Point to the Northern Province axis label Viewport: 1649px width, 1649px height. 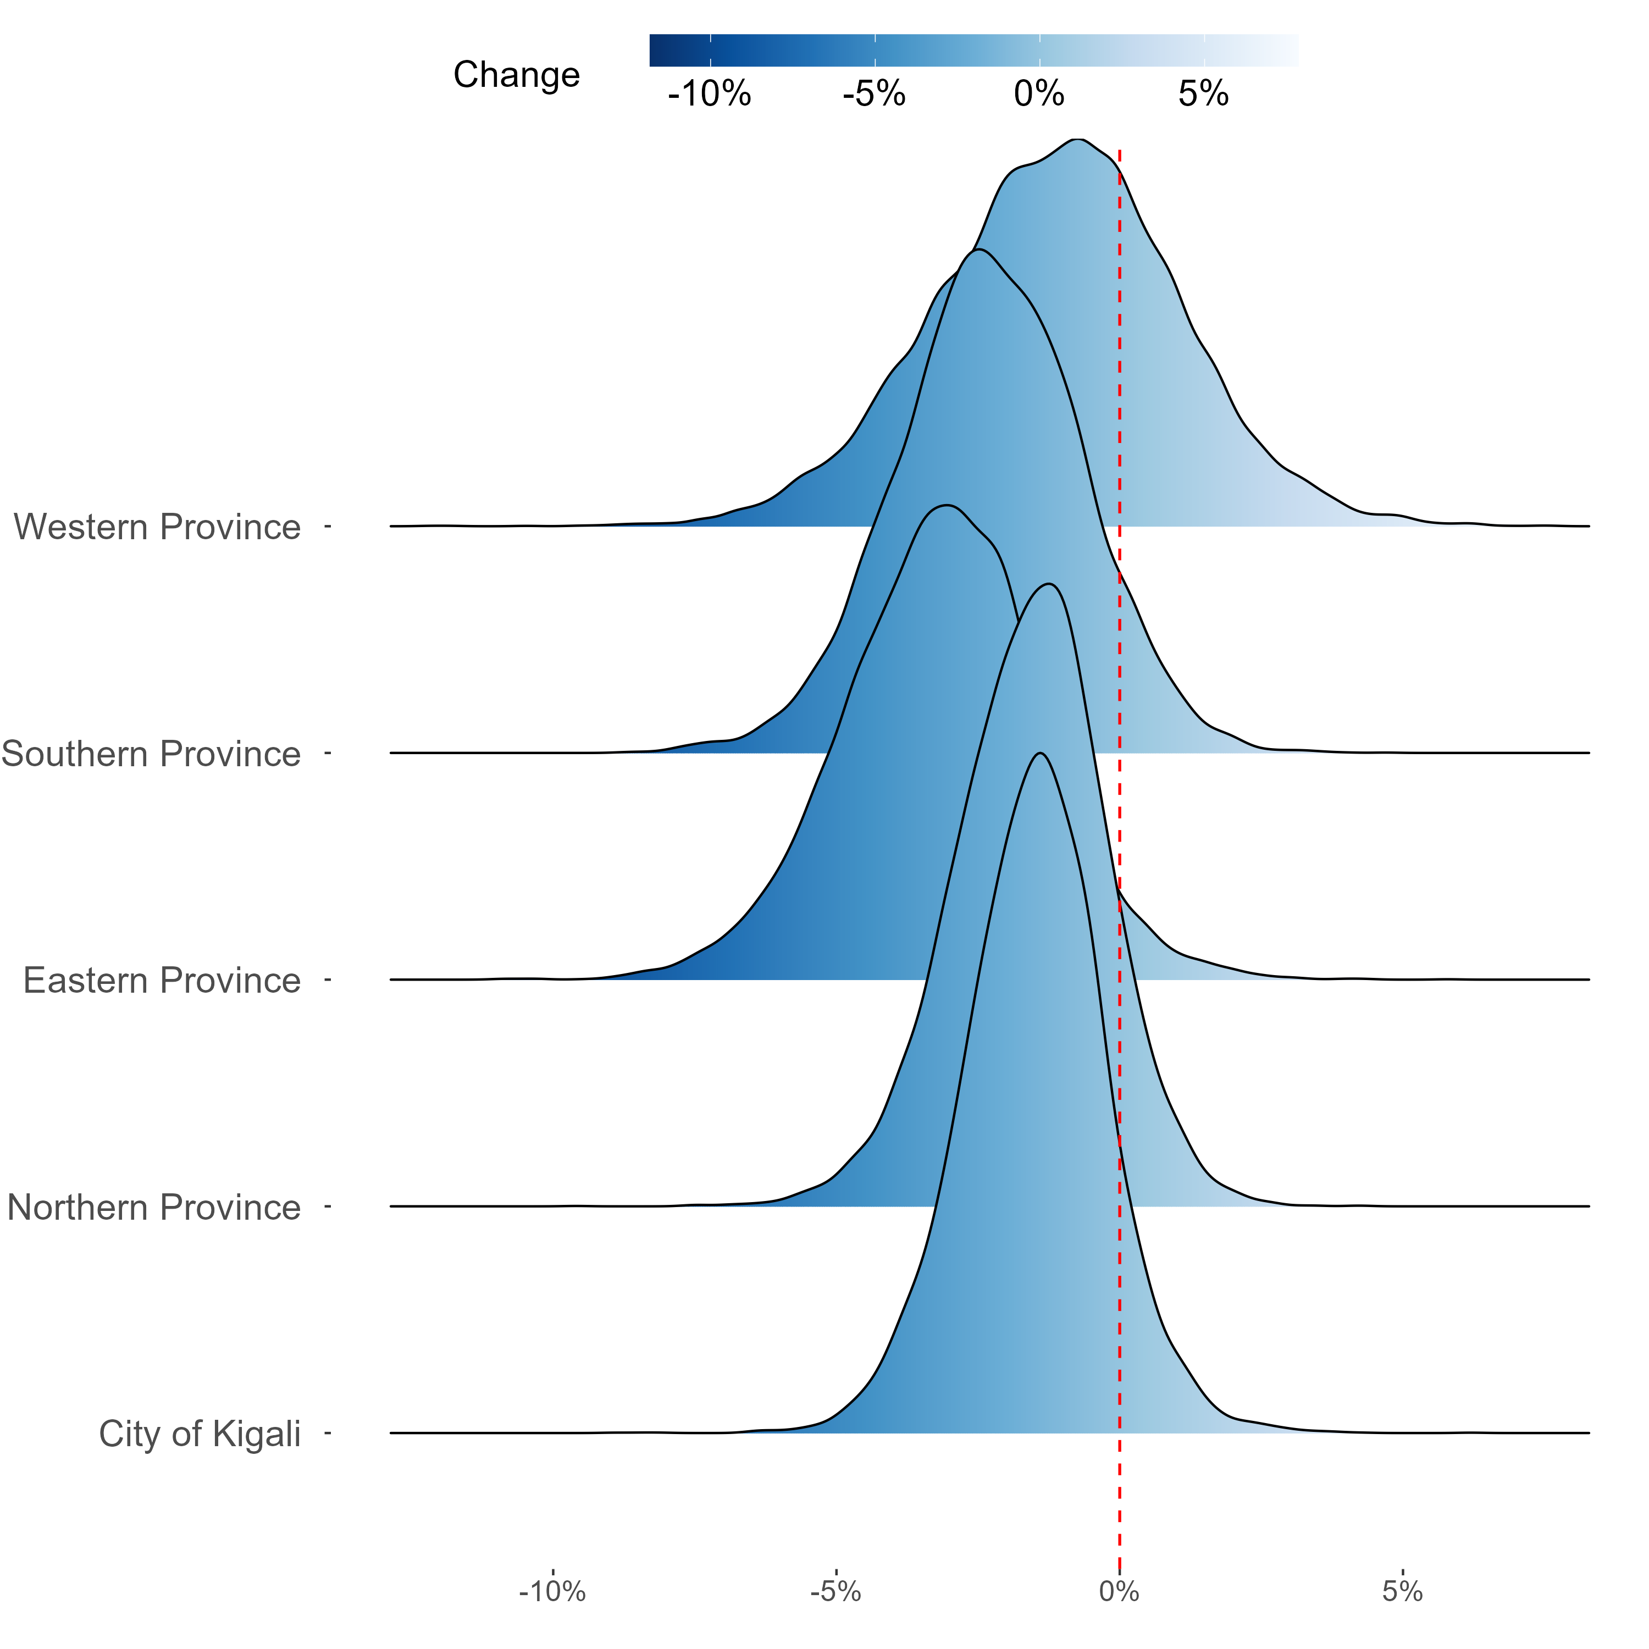[x=154, y=1208]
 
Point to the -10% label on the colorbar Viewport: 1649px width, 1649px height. [x=709, y=94]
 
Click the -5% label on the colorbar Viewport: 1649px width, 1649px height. [x=874, y=94]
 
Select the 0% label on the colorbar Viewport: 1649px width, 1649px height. [x=1039, y=94]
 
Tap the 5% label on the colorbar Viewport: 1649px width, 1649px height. [x=1203, y=94]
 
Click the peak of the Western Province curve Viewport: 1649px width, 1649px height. [x=1078, y=139]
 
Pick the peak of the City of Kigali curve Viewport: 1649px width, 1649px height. [x=1039, y=753]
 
